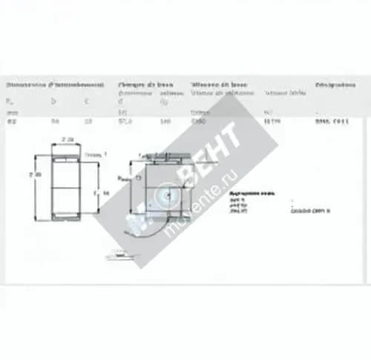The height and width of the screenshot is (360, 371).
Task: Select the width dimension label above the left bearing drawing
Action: point(68,140)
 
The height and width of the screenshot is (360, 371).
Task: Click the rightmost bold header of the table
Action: point(335,85)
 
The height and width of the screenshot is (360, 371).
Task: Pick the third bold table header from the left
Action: point(220,85)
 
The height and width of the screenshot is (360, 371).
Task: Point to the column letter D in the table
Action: point(53,100)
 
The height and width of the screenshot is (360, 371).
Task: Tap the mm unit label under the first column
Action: point(10,112)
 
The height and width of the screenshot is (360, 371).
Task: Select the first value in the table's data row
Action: point(10,120)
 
